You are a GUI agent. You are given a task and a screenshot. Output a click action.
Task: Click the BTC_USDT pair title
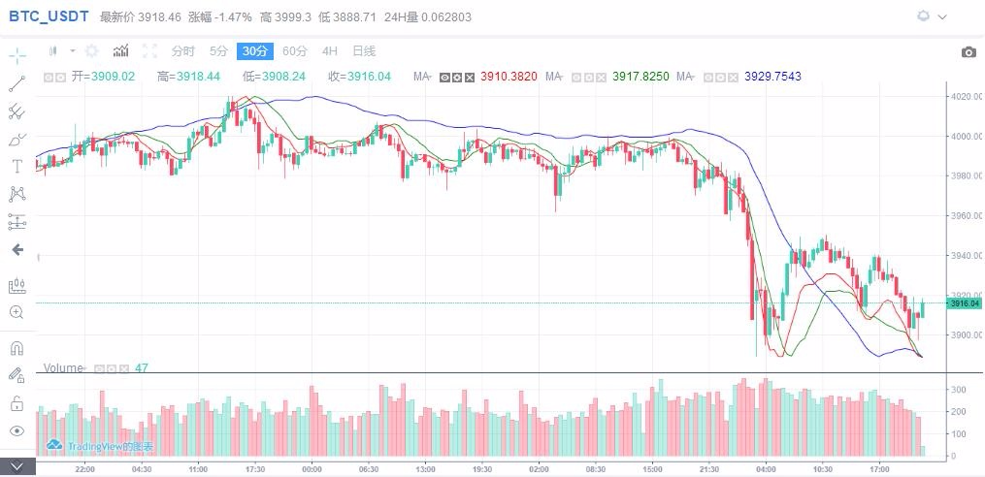49,16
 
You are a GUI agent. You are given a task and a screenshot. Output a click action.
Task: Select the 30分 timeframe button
256,51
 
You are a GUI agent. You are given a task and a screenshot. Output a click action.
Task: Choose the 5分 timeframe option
219,51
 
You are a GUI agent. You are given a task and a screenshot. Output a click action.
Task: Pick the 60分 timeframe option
295,51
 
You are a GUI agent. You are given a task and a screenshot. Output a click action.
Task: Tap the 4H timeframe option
330,51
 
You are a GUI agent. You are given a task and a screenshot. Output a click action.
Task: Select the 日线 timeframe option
364,51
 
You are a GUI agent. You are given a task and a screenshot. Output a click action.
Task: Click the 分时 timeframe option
182,51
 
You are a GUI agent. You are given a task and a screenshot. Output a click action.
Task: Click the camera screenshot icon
968,52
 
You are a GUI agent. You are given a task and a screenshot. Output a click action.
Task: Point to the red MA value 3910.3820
508,77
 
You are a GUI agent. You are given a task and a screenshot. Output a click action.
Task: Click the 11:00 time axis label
199,468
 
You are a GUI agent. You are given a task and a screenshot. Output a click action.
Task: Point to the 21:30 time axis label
709,468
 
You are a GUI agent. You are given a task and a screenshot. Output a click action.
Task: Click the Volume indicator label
63,368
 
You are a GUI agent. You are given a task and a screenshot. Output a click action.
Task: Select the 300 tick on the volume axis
958,390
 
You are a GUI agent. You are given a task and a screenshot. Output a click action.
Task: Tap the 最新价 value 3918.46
161,17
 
